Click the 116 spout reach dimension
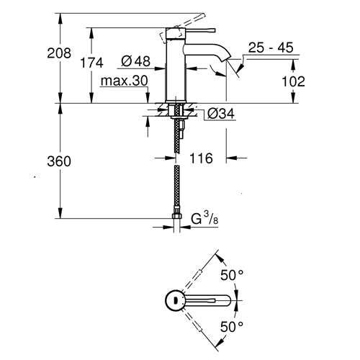pos(202,158)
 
